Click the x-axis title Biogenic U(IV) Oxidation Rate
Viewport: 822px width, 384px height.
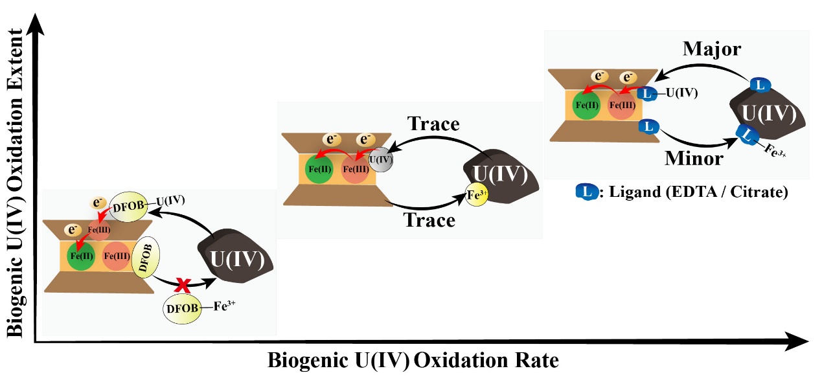(x=413, y=360)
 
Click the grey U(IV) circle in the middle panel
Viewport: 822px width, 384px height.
(x=380, y=158)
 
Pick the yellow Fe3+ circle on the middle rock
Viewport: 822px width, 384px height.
(x=475, y=194)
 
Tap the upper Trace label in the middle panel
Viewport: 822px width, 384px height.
(x=433, y=123)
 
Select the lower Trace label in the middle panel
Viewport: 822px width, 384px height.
(x=429, y=220)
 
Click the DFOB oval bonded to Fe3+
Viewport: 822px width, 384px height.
(x=181, y=308)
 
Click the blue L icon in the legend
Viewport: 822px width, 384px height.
(x=588, y=192)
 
